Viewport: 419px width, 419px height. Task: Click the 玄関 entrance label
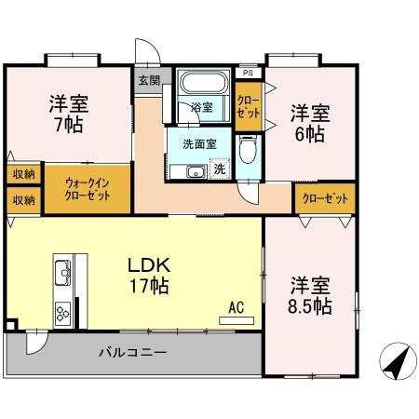pyautogui.click(x=149, y=80)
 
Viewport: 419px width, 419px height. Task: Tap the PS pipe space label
pyautogui.click(x=247, y=73)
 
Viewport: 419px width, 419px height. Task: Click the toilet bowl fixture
pyautogui.click(x=248, y=152)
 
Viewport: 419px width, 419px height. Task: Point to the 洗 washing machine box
pyautogui.click(x=220, y=169)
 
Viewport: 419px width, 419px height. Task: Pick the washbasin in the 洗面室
pyautogui.click(x=196, y=171)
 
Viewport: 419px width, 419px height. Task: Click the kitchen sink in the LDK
pyautogui.click(x=62, y=274)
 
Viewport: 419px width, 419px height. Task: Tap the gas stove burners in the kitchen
pyautogui.click(x=64, y=312)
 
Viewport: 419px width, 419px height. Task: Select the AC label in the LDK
pyautogui.click(x=236, y=305)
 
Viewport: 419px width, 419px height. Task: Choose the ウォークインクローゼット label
pyautogui.click(x=87, y=188)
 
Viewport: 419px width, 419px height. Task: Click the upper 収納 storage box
pyautogui.click(x=23, y=173)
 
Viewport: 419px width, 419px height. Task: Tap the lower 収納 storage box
pyautogui.click(x=23, y=199)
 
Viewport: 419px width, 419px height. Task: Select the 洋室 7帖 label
pyautogui.click(x=68, y=112)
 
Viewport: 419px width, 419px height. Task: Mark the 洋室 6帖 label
pyautogui.click(x=307, y=124)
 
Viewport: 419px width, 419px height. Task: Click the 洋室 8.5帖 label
pyautogui.click(x=308, y=292)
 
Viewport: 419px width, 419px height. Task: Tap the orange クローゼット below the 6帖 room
pyautogui.click(x=326, y=197)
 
